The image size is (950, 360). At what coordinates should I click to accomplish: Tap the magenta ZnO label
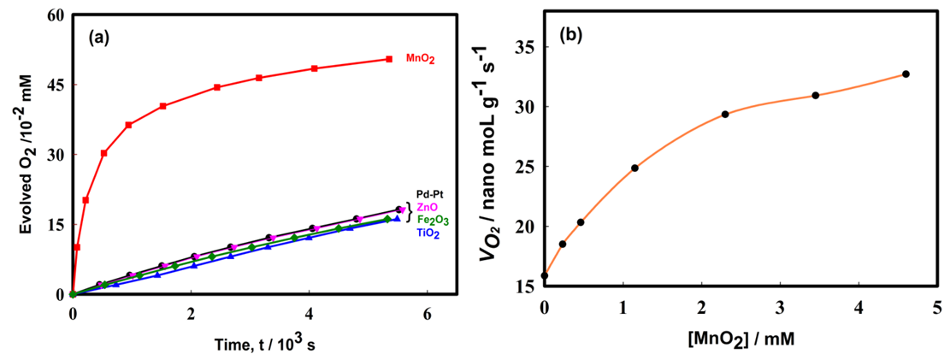pos(429,207)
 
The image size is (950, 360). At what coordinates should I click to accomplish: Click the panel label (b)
pos(572,36)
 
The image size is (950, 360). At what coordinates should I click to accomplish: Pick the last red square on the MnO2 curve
pos(389,59)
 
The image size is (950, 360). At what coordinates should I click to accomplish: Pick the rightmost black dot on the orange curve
pos(906,74)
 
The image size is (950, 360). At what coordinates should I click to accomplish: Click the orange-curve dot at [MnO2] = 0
pos(545,275)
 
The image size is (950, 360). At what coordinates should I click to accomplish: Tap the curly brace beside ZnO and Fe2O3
pos(410,213)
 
